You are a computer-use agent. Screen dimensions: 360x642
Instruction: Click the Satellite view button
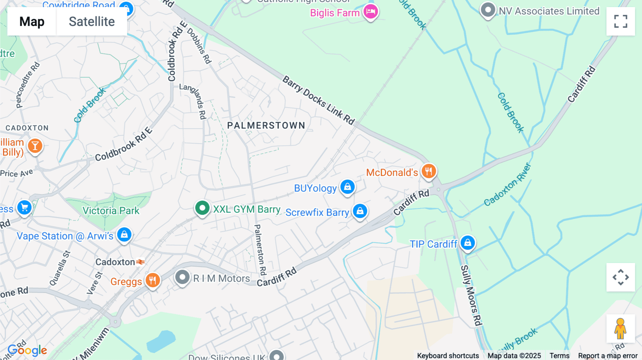click(92, 22)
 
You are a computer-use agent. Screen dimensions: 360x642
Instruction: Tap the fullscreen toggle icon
click(621, 21)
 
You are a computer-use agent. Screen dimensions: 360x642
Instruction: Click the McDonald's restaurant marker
click(428, 171)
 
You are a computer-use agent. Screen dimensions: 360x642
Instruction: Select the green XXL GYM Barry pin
click(202, 208)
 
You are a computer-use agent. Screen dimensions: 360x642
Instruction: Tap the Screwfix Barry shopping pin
click(360, 211)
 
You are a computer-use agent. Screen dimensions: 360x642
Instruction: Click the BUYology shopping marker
click(347, 187)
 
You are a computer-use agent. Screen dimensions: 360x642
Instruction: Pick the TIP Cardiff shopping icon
click(468, 243)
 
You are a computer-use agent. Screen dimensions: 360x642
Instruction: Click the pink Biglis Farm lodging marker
click(371, 12)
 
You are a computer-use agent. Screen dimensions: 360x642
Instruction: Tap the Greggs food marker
click(153, 281)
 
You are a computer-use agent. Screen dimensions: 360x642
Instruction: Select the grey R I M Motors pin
click(182, 277)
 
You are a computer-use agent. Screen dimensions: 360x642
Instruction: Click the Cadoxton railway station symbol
click(141, 262)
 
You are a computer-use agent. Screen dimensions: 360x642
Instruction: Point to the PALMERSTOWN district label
click(266, 125)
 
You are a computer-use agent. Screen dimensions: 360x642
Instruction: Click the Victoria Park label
click(111, 211)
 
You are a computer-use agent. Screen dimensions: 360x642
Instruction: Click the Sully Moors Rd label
click(471, 295)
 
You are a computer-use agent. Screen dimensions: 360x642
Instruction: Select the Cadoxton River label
click(507, 185)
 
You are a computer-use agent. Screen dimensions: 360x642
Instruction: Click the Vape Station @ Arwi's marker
click(124, 235)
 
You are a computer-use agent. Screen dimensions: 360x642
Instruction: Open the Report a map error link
click(607, 355)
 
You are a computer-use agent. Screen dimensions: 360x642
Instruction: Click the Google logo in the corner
click(27, 350)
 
